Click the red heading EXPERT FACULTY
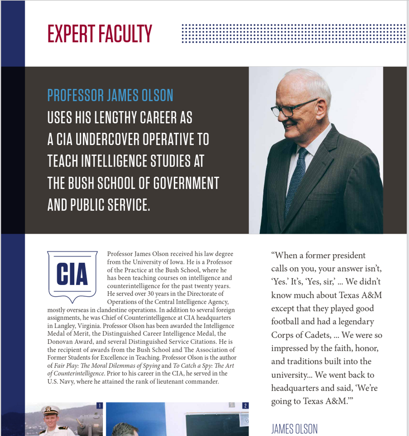coord(100,34)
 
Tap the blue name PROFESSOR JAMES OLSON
coord(110,95)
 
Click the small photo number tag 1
coord(99,405)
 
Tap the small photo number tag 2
coord(245,405)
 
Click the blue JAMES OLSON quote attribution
coord(294,429)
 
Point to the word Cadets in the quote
coord(318,335)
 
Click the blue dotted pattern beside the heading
coord(293,33)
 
